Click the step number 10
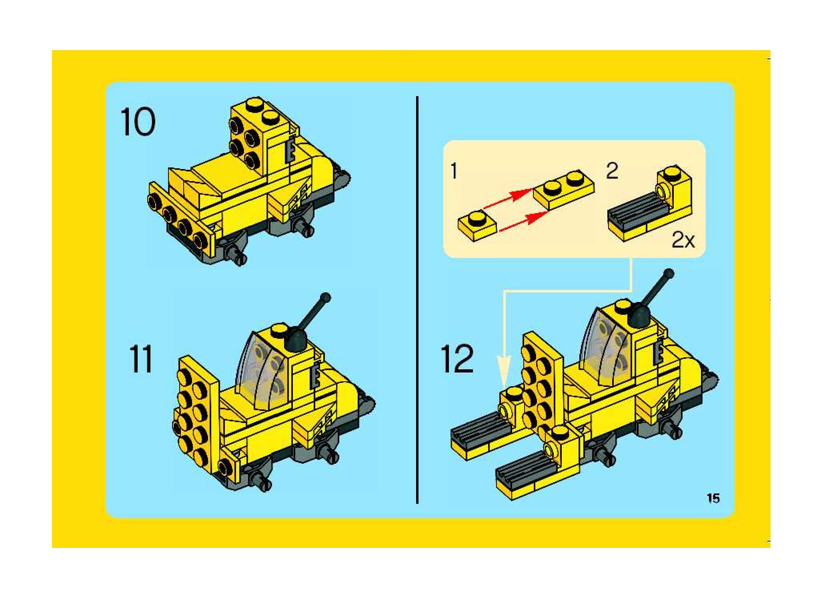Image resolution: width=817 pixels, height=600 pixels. [x=138, y=122]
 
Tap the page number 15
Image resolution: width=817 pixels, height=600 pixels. [x=713, y=498]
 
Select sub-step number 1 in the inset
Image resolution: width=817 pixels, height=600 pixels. [x=453, y=171]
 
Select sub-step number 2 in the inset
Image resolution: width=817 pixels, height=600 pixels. [x=612, y=171]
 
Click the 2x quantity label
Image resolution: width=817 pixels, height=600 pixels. [x=683, y=240]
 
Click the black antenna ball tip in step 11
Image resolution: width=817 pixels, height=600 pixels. [x=326, y=298]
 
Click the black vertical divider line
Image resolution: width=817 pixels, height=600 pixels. [x=417, y=300]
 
